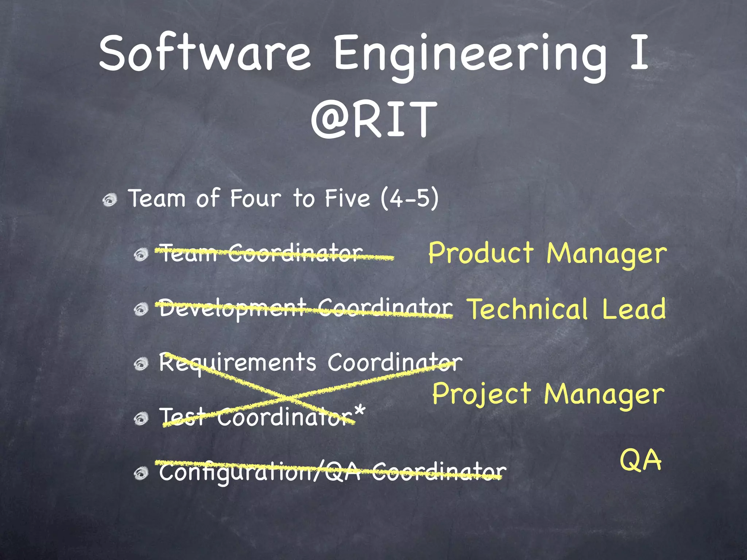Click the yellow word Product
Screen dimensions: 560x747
(x=481, y=253)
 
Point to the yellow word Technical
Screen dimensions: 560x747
(x=528, y=309)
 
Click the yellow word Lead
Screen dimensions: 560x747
(x=634, y=309)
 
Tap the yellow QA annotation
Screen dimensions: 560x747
(x=640, y=460)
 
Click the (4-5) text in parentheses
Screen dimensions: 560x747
(x=409, y=199)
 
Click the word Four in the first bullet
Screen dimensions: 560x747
(x=255, y=199)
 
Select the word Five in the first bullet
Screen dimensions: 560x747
(x=347, y=199)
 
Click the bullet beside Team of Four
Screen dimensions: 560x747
(x=110, y=200)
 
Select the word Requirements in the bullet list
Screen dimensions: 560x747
(x=237, y=363)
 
